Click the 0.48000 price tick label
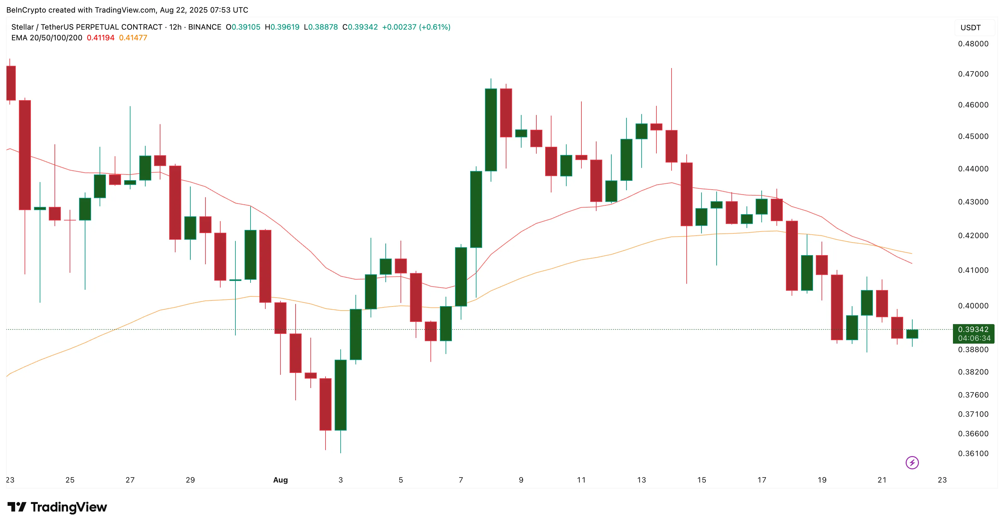click(x=973, y=44)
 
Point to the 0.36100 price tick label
click(x=973, y=454)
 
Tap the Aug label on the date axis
click(x=280, y=480)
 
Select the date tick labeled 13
click(x=641, y=480)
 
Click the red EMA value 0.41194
click(x=101, y=38)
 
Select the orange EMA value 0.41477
click(x=133, y=38)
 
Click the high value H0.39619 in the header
click(x=282, y=27)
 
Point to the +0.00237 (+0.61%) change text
click(x=416, y=27)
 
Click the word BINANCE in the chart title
click(x=205, y=27)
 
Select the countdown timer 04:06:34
click(x=974, y=338)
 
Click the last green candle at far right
click(x=912, y=334)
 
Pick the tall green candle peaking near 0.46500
click(x=491, y=130)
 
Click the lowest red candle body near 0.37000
click(x=326, y=404)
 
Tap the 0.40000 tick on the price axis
click(x=973, y=306)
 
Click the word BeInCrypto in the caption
click(x=26, y=10)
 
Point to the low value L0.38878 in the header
click(x=321, y=27)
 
